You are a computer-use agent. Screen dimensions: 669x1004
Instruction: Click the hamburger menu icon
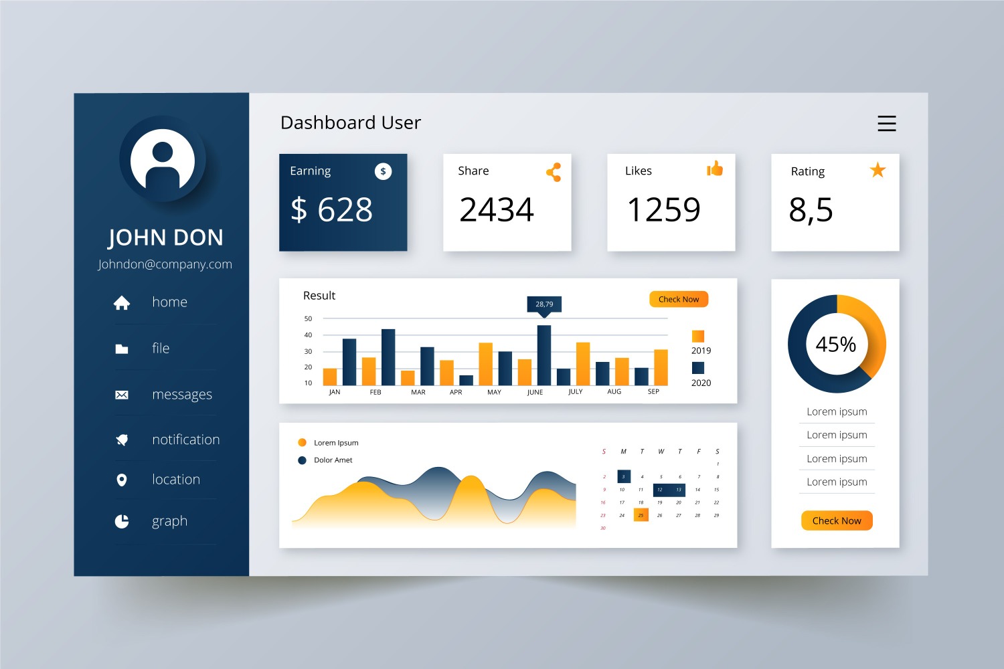pos(886,123)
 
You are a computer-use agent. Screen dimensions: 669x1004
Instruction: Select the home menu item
pos(169,302)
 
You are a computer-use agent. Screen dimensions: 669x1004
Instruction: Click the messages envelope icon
pos(122,395)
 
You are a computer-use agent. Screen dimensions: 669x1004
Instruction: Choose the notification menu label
pos(185,440)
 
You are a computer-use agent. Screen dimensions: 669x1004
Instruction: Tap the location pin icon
pos(122,480)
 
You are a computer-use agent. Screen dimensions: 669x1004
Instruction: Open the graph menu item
pos(169,521)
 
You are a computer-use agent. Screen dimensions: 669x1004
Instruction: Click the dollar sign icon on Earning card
pos(383,171)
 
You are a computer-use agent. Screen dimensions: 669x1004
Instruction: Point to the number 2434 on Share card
pos(496,210)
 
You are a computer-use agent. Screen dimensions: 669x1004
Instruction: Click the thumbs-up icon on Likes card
pos(715,169)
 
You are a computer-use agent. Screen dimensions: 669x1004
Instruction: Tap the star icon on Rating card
pos(877,171)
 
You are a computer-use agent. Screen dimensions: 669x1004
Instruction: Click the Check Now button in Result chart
pos(678,299)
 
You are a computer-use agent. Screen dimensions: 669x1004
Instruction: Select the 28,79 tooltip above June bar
pos(544,304)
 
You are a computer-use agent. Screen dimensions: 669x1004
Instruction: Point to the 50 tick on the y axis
pos(308,318)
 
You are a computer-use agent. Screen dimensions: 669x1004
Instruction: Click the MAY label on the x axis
pos(494,392)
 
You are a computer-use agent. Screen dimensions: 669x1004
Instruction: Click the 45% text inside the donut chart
pos(835,345)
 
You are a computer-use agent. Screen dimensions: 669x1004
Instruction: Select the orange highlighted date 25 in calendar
pos(641,515)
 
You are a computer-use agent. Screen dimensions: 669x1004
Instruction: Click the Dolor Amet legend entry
pos(332,460)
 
